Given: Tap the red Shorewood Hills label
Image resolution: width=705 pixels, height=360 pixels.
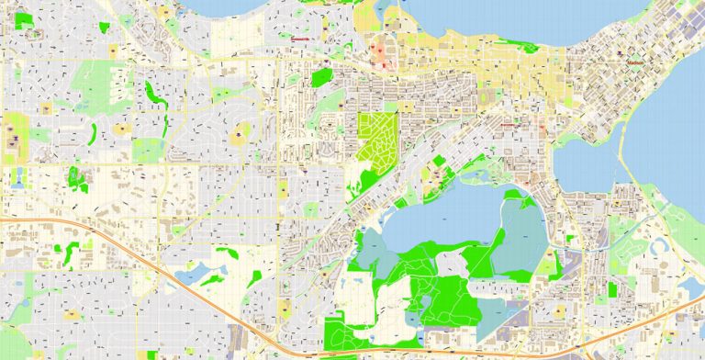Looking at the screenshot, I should pyautogui.click(x=299, y=39).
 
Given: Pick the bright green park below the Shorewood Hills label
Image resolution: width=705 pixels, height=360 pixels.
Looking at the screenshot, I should pyautogui.click(x=320, y=77).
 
